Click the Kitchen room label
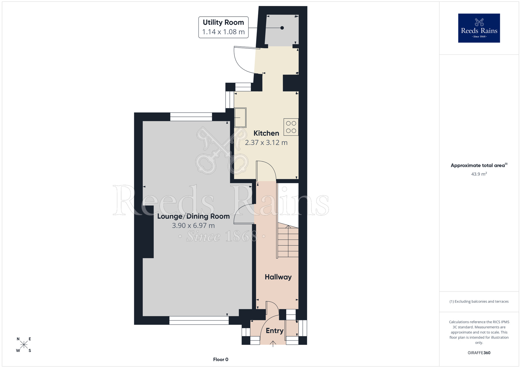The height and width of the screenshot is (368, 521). pos(266,133)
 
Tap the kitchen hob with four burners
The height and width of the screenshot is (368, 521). pos(291,127)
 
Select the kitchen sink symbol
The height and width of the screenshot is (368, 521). pos(240,118)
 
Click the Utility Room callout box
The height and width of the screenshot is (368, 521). pos(223,27)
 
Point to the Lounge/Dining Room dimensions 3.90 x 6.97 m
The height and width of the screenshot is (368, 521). pos(193,226)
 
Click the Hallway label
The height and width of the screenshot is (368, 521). pos(278,277)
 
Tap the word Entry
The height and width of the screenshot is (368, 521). pos(274,331)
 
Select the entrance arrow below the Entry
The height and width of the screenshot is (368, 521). pos(273,344)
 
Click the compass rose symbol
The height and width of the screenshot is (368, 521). pos(24,345)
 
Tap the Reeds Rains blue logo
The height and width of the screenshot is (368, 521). pos(479,28)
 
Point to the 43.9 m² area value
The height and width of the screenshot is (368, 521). pos(479,174)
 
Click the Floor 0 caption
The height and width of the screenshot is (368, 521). pos(220,359)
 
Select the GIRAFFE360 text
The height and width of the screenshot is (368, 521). pos(479,353)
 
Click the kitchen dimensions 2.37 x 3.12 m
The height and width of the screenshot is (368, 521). pos(266,143)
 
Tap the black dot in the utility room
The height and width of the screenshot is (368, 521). pos(282,28)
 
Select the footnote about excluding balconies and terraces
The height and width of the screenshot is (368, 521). pos(479,301)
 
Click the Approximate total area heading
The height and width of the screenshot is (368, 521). pos(479,165)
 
